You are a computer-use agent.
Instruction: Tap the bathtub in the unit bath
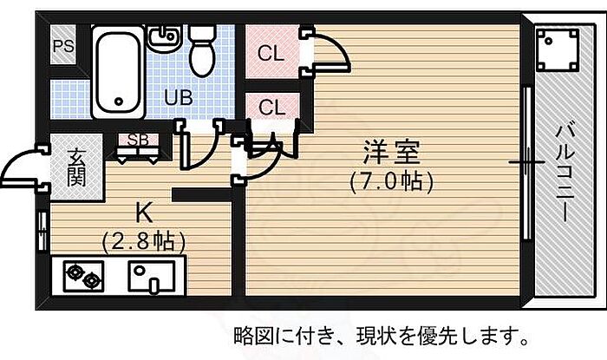[117, 69]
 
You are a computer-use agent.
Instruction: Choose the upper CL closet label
[271, 52]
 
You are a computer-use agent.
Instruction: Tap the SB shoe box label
[137, 140]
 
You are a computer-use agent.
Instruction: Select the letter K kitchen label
[144, 212]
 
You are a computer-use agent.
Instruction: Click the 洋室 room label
[391, 154]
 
